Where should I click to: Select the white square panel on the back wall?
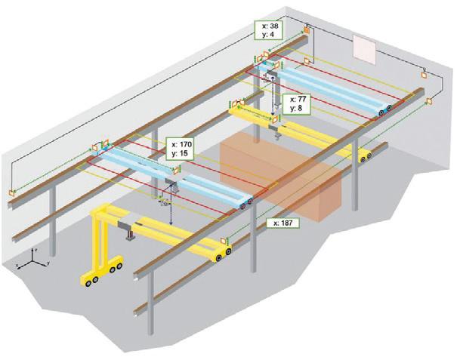[366, 49]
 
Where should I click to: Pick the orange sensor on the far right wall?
[428, 100]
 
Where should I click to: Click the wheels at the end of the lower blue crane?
[242, 202]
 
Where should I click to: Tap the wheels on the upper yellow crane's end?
[366, 156]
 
